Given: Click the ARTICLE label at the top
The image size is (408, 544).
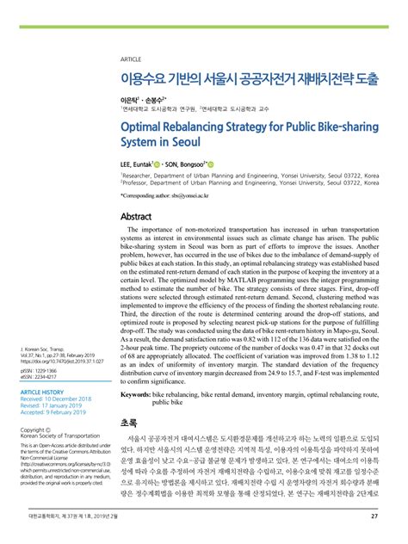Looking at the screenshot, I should [132, 59].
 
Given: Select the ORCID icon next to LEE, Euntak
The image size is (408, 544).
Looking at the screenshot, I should [159, 164].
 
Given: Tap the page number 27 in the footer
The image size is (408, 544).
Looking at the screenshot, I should [374, 516].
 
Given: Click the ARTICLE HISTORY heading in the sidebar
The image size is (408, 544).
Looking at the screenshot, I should [41, 392].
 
